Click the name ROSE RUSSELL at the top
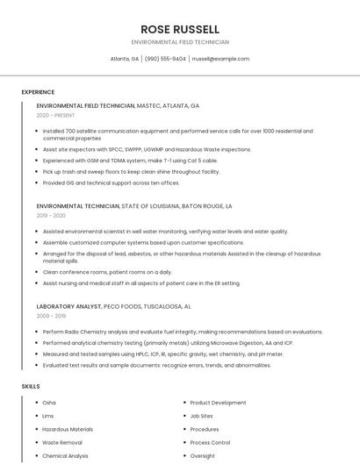pyautogui.click(x=180, y=29)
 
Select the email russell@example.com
pyautogui.click(x=220, y=59)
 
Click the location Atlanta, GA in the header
pyautogui.click(x=125, y=59)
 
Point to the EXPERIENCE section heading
pyautogui.click(x=38, y=92)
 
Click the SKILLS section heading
pyautogui.click(x=31, y=386)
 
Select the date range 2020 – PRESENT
pyautogui.click(x=55, y=115)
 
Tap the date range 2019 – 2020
pyautogui.click(x=51, y=215)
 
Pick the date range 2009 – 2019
pyautogui.click(x=51, y=316)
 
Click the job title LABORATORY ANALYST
pyautogui.click(x=73, y=306)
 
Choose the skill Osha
pyautogui.click(x=49, y=403)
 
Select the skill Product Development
pyautogui.click(x=218, y=403)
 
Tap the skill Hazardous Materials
pyautogui.click(x=68, y=429)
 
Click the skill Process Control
pyautogui.click(x=210, y=442)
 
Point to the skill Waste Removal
pyautogui.click(x=61, y=442)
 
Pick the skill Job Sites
pyautogui.click(x=201, y=416)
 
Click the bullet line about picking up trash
pyautogui.click(x=131, y=172)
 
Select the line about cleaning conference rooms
pyautogui.click(x=107, y=272)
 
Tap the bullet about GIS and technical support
pyautogui.click(x=111, y=183)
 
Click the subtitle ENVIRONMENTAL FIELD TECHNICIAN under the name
pyautogui.click(x=180, y=42)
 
